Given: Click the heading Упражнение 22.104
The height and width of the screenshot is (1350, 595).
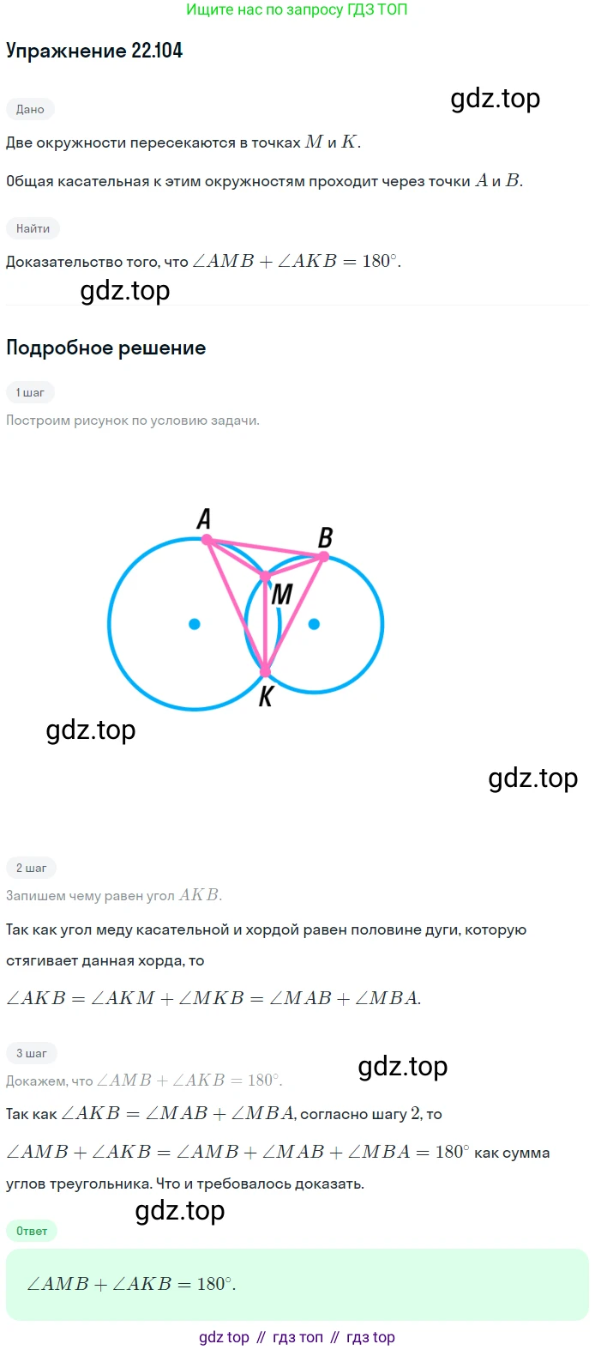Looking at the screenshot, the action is [x=94, y=51].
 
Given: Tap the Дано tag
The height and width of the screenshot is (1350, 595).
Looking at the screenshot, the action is [x=30, y=109].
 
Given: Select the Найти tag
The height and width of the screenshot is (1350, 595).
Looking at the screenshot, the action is [x=33, y=228].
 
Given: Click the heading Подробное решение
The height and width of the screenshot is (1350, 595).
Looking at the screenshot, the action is [x=106, y=348].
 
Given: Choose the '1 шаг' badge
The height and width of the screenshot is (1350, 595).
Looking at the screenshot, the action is [x=30, y=392].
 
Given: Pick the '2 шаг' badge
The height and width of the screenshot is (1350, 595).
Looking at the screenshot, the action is [x=32, y=868].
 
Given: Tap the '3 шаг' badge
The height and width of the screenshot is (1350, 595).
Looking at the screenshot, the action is [x=32, y=1053].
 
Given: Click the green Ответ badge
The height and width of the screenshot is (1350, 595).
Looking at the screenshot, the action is [x=32, y=1231].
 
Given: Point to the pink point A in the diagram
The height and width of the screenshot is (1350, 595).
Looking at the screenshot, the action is [x=207, y=540].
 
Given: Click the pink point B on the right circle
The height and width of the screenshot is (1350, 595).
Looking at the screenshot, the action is [x=323, y=557].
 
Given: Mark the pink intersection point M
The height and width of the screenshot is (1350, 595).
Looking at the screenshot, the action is [x=265, y=577].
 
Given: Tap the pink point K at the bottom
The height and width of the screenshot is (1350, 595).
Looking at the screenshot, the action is [x=265, y=671].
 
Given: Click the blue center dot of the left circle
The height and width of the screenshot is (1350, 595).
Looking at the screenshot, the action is [x=194, y=625].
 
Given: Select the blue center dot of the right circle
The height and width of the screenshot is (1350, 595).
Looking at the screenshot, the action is [x=314, y=625].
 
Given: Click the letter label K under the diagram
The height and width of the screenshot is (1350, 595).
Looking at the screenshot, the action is [x=266, y=697].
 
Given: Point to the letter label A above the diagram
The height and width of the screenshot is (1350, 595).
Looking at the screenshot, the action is [x=204, y=518].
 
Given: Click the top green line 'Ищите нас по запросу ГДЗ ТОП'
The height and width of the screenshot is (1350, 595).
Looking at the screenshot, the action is [x=297, y=9].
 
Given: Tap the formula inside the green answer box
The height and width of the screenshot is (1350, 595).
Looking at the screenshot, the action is [x=131, y=1284].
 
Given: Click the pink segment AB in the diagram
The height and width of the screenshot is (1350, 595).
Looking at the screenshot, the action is [x=265, y=548].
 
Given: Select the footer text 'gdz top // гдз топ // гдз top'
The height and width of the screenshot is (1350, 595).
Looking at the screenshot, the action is [x=297, y=1337].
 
